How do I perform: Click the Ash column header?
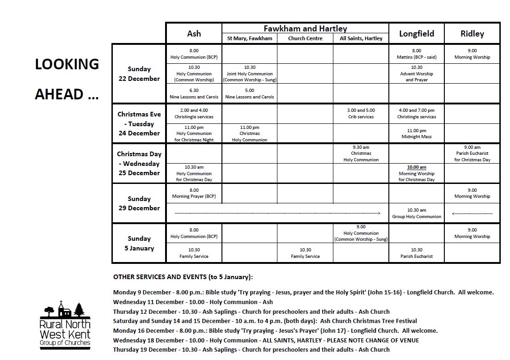(x=194, y=33)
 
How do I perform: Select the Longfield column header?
(x=417, y=33)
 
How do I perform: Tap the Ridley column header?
(x=472, y=33)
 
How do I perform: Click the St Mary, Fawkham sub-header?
(x=250, y=38)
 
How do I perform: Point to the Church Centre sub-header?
(x=305, y=38)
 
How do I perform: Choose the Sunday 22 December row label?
(x=139, y=74)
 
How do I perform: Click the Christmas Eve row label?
(x=139, y=123)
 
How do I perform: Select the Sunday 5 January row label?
(x=139, y=243)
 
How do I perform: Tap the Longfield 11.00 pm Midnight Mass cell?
(x=417, y=134)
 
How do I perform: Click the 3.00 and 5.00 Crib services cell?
(x=361, y=114)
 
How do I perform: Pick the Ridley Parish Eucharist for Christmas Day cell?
(x=472, y=153)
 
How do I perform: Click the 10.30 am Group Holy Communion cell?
(x=417, y=213)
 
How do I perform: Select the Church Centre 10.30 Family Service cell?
(x=305, y=253)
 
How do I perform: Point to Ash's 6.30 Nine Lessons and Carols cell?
(x=194, y=94)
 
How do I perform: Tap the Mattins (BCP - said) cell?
(x=417, y=54)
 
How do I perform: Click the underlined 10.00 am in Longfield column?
(x=417, y=167)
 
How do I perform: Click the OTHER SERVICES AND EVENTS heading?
(x=183, y=277)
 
